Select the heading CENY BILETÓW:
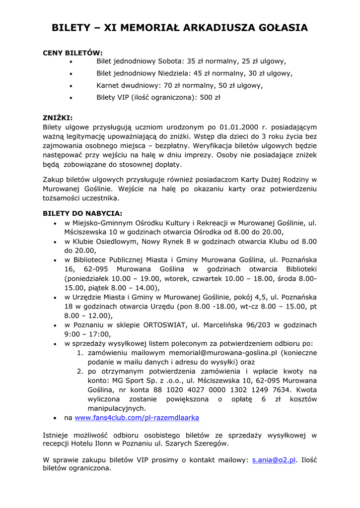click(73, 53)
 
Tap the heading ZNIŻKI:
click(58, 118)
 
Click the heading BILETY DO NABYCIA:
click(82, 213)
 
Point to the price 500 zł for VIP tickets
click(210, 98)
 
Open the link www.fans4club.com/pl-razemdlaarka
click(137, 418)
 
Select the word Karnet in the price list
click(109, 85)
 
